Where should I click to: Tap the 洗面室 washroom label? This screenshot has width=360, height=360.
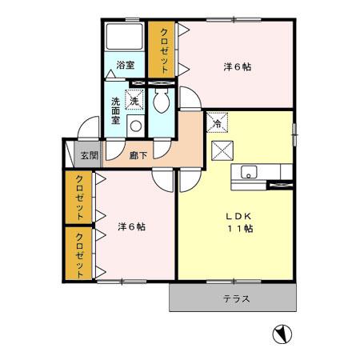pos(116,110)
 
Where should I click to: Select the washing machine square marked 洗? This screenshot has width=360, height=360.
pos(134,102)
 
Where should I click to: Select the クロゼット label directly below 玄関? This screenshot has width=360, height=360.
pos(80,198)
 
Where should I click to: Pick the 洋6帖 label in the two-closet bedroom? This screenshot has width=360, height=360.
pos(131,226)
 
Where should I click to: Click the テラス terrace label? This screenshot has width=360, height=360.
pos(237,299)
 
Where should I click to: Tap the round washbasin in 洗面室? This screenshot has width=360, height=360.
pos(134,126)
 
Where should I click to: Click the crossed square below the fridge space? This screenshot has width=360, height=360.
pos(221,150)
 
